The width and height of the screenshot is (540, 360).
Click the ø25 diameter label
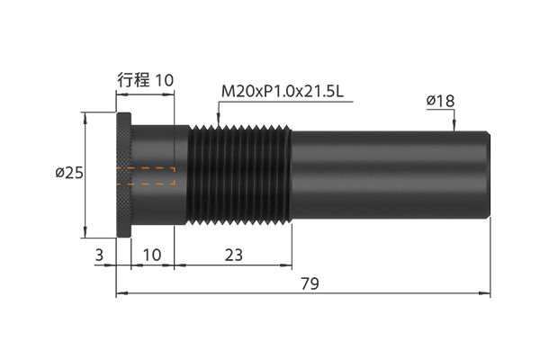pyautogui.click(x=69, y=173)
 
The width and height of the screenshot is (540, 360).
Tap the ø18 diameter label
pyautogui.click(x=440, y=101)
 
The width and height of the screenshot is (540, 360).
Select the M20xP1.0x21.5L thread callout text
pyautogui.click(x=283, y=92)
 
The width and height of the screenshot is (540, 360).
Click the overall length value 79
pyautogui.click(x=310, y=283)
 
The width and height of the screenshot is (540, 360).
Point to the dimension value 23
pyautogui.click(x=234, y=256)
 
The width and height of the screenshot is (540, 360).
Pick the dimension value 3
pyautogui.click(x=99, y=256)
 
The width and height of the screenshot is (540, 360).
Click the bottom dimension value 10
pyautogui.click(x=152, y=256)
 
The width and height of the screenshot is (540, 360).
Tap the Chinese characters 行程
pyautogui.click(x=133, y=80)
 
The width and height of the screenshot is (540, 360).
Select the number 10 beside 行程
pyautogui.click(x=165, y=80)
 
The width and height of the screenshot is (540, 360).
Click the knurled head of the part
pyautogui.click(x=123, y=175)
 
